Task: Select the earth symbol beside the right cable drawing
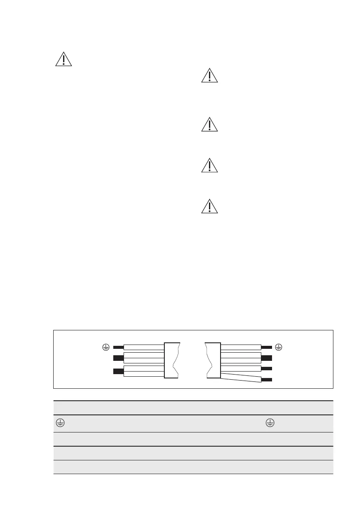click(278, 347)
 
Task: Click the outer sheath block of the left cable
click(171, 360)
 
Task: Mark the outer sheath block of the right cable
click(213, 360)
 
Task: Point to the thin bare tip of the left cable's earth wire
click(118, 347)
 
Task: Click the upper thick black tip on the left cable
click(118, 358)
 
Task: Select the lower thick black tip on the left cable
click(118, 371)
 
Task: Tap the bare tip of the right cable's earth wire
click(266, 347)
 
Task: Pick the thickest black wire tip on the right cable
click(266, 358)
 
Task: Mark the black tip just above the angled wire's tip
click(266, 369)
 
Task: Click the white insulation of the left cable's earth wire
click(143, 347)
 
